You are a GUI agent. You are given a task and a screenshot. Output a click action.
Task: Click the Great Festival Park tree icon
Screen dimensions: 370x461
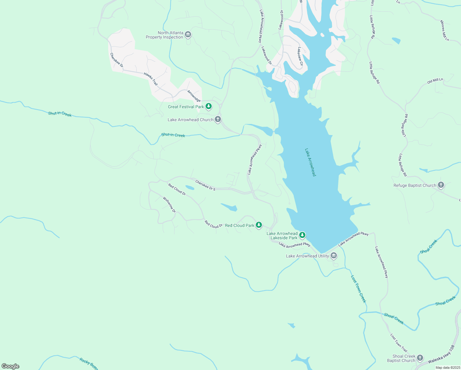pyautogui.click(x=209, y=106)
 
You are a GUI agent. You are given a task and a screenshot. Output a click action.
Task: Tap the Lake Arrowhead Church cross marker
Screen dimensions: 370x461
pyautogui.click(x=218, y=119)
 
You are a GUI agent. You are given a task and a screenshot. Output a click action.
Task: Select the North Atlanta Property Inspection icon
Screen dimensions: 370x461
pyautogui.click(x=188, y=35)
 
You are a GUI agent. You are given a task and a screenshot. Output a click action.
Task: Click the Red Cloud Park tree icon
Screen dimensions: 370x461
pyautogui.click(x=259, y=225)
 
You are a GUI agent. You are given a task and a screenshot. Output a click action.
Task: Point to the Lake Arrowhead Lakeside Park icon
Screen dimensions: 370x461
pyautogui.click(x=302, y=235)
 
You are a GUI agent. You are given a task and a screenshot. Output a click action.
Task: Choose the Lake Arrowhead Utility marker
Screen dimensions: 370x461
pyautogui.click(x=334, y=256)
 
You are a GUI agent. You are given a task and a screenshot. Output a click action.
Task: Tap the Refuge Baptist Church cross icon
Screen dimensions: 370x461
pyautogui.click(x=441, y=185)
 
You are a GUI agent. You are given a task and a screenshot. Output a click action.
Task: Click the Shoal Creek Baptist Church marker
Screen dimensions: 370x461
pyautogui.click(x=420, y=358)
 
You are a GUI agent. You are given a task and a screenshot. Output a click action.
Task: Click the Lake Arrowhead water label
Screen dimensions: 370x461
pyautogui.click(x=310, y=162)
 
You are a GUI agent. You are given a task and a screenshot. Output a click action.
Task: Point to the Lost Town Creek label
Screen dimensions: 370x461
pyautogui.click(x=358, y=289)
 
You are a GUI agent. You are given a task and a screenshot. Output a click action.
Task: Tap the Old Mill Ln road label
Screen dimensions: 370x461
pyautogui.click(x=435, y=81)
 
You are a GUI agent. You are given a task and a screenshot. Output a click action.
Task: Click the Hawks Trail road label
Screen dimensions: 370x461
pyautogui.click(x=151, y=79)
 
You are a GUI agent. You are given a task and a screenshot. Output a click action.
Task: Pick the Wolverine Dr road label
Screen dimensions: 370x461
pyautogui.click(x=169, y=205)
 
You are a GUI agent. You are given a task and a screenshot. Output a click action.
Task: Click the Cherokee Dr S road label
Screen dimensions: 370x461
pyautogui.click(x=205, y=185)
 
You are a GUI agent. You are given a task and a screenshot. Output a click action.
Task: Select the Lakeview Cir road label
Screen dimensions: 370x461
pyautogui.click(x=300, y=56)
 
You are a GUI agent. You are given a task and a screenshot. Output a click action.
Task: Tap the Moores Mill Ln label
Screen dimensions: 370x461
pyautogui.click(x=444, y=31)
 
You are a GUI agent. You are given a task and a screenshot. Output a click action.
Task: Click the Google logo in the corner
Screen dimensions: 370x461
pyautogui.click(x=10, y=366)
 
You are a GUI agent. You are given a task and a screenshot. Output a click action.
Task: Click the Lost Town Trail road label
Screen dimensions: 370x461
pyautogui.click(x=399, y=343)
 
